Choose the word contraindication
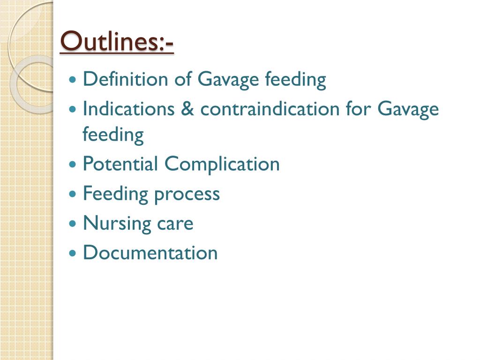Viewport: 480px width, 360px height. click(x=270, y=109)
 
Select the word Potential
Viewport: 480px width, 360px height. click(x=120, y=164)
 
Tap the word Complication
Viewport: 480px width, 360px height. click(x=222, y=164)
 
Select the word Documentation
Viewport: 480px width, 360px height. click(x=150, y=253)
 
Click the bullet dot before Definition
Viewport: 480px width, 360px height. click(x=72, y=80)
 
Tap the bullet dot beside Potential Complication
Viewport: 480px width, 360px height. click(x=72, y=165)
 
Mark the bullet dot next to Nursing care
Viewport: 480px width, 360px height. click(x=72, y=224)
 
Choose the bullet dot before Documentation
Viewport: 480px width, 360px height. click(x=72, y=253)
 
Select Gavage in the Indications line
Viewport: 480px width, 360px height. click(x=408, y=109)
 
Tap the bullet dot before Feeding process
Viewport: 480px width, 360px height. click(x=72, y=194)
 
